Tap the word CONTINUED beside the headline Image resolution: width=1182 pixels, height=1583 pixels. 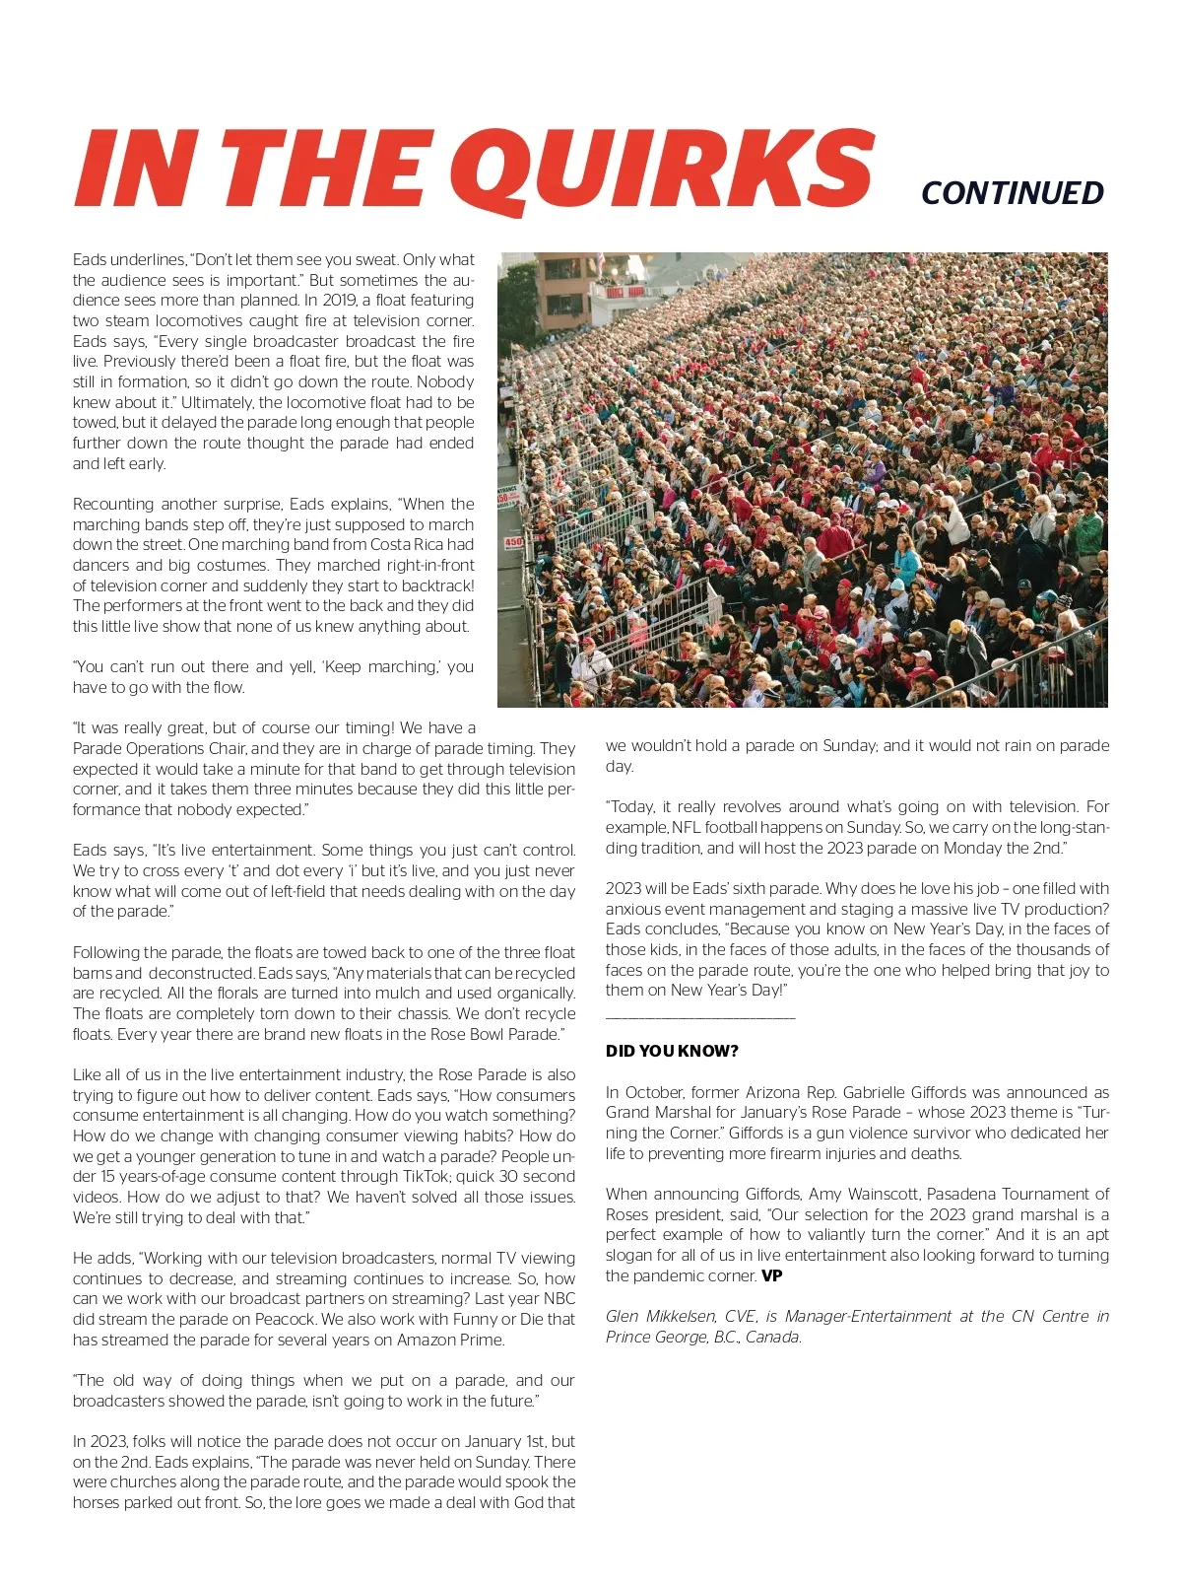coord(1012,193)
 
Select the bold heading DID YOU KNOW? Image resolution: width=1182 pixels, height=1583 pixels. coord(672,1051)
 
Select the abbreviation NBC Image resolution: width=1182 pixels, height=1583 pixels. coord(558,1298)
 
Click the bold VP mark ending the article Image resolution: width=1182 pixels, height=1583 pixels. coord(772,1275)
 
